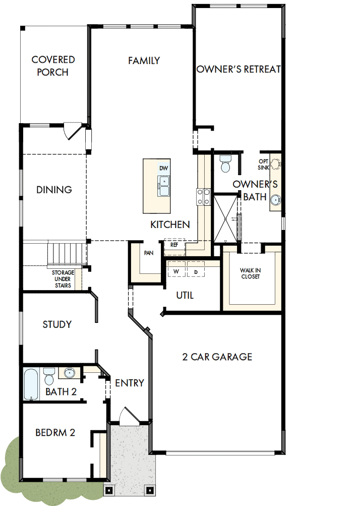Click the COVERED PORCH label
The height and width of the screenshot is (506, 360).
(x=53, y=66)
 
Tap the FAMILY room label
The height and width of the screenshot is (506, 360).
(x=144, y=61)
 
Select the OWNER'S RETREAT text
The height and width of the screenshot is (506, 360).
(x=238, y=69)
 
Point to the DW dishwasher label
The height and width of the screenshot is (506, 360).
(x=163, y=168)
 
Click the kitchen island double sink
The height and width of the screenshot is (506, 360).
(x=164, y=186)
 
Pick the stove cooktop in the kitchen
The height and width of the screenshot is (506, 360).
(x=203, y=197)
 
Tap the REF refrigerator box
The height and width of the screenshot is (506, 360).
(x=174, y=244)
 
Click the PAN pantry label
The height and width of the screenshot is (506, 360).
(x=149, y=253)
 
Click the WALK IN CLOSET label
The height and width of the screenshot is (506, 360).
(x=251, y=273)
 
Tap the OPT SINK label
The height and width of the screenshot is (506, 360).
(x=264, y=164)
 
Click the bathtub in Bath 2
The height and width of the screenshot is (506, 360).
(x=31, y=384)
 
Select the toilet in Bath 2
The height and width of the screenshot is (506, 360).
(x=49, y=376)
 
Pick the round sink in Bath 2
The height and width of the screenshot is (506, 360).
(x=69, y=374)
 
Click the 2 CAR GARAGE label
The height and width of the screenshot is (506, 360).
(x=217, y=357)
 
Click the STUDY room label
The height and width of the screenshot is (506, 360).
(x=57, y=324)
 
